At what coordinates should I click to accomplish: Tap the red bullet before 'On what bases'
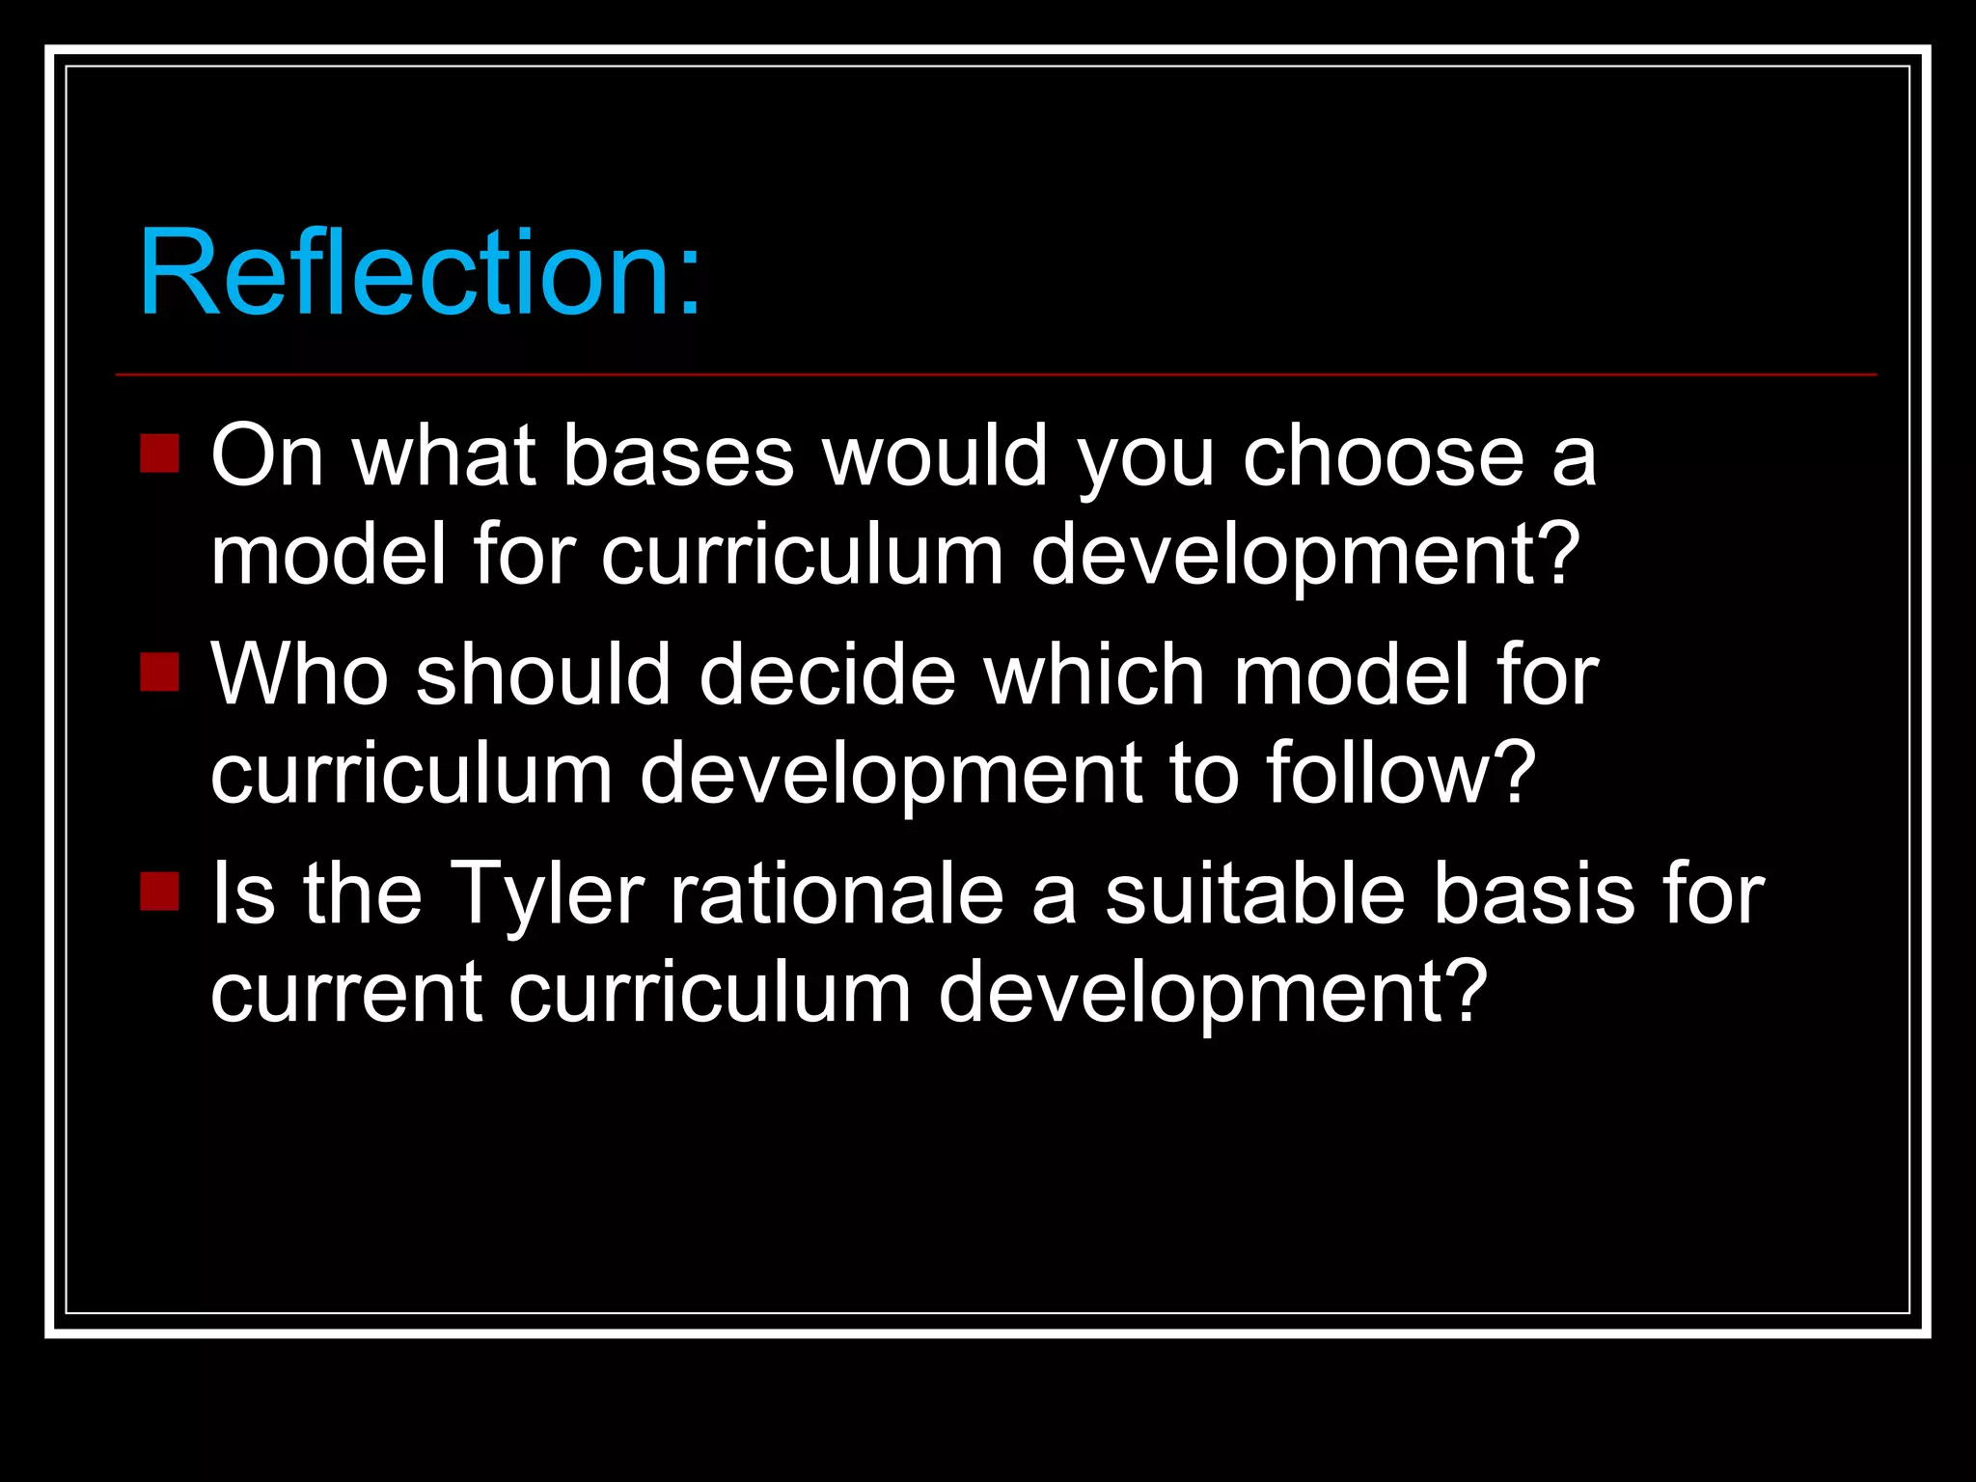[x=159, y=453]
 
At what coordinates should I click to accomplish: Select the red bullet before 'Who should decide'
[x=159, y=672]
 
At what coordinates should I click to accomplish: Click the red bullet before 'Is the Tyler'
[x=159, y=891]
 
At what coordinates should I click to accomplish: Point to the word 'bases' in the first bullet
[x=678, y=455]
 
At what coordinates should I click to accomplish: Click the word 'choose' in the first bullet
[x=1383, y=455]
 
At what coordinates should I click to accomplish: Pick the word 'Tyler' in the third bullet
[x=546, y=894]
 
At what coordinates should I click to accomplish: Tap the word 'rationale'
[x=837, y=894]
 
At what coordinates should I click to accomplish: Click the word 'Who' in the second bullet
[x=300, y=674]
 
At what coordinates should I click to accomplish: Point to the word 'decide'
[x=827, y=674]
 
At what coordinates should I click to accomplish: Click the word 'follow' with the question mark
[x=1400, y=773]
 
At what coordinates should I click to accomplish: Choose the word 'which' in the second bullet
[x=1094, y=674]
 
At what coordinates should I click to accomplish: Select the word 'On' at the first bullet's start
[x=267, y=455]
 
